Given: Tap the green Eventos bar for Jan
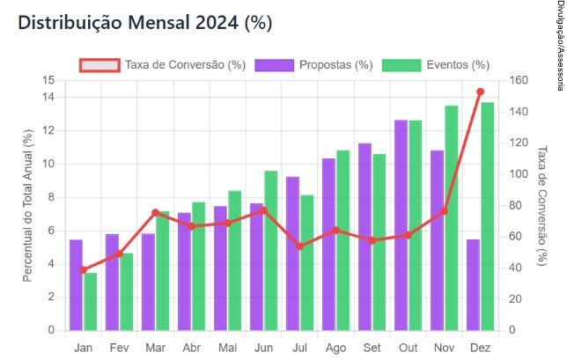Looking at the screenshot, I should pos(91,302).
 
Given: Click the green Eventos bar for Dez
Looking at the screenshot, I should pos(487,217).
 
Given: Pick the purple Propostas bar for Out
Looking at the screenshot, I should pos(401,225).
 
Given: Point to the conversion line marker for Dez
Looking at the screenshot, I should pos(480,92).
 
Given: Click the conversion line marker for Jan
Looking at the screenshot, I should pos(84,270).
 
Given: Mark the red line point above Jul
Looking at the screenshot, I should pos(300,246).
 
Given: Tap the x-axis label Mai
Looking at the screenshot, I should pos(227,348).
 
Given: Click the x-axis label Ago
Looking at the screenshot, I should pos(335,348).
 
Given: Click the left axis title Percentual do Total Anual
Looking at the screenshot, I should pos(27,205).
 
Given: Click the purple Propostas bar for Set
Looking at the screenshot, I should pos(365,237).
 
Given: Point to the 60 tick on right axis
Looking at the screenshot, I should pos(513,237).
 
